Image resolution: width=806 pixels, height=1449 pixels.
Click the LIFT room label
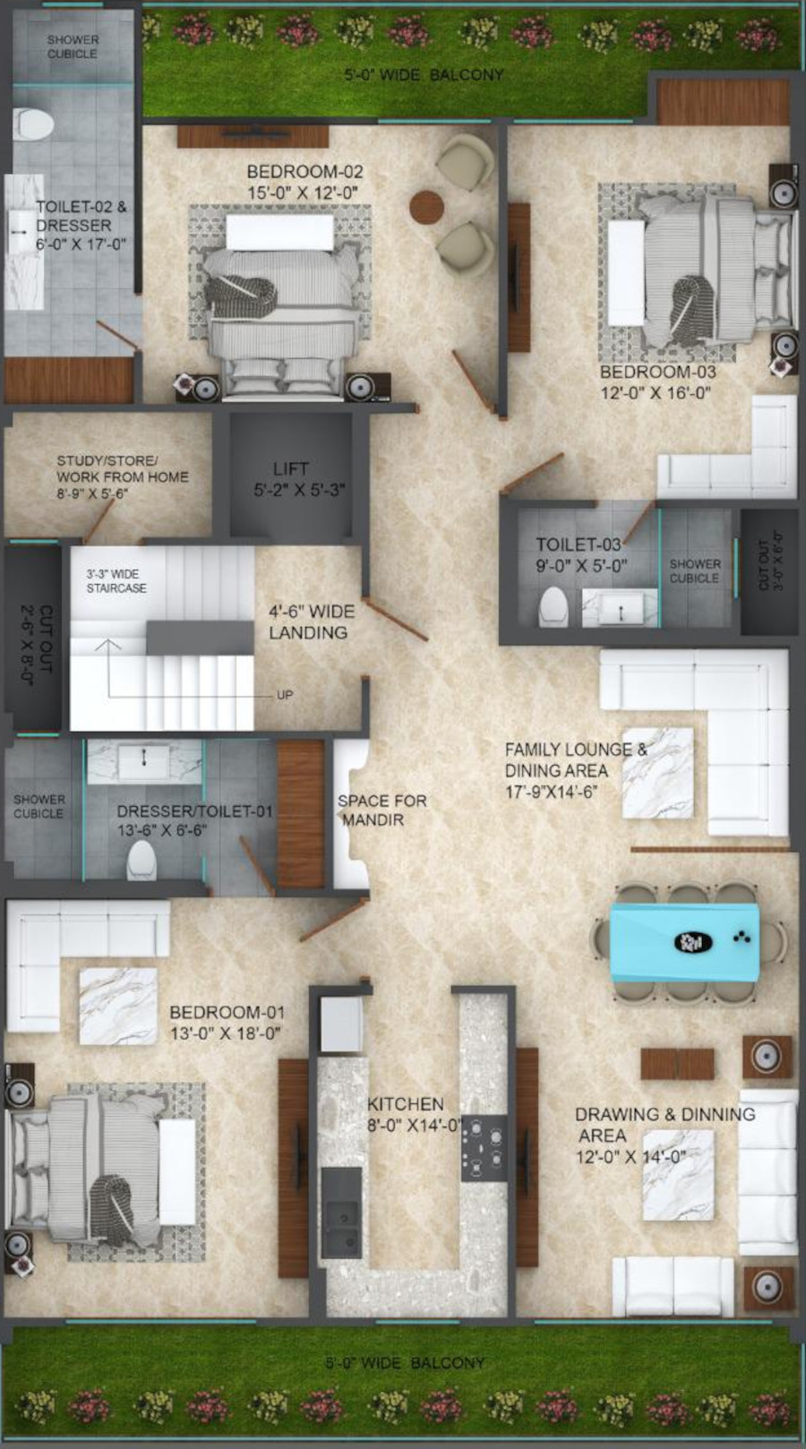pyautogui.click(x=291, y=468)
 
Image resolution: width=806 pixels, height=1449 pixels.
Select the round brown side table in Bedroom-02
pyautogui.click(x=426, y=207)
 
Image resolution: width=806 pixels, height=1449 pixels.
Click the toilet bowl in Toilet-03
pyautogui.click(x=553, y=606)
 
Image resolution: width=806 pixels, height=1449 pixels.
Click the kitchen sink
pyautogui.click(x=342, y=1227)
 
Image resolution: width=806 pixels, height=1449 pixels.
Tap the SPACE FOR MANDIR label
pyautogui.click(x=382, y=810)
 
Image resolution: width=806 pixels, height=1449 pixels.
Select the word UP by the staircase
pyautogui.click(x=285, y=695)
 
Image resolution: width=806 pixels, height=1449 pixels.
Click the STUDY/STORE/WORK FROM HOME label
pyautogui.click(x=122, y=476)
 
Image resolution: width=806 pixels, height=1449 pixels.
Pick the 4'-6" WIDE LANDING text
pyautogui.click(x=311, y=622)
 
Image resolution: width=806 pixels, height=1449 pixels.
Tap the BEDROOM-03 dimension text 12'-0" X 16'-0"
pyautogui.click(x=656, y=391)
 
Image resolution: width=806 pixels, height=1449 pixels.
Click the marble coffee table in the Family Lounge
pyautogui.click(x=658, y=772)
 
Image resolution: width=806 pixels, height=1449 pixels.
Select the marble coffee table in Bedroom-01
pyautogui.click(x=118, y=1006)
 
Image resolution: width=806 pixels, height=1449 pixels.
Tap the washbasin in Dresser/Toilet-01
pyautogui.click(x=143, y=763)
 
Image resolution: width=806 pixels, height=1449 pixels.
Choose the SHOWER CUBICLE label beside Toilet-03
pyautogui.click(x=694, y=570)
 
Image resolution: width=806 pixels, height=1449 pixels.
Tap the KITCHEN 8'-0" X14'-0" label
pyautogui.click(x=414, y=1114)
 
